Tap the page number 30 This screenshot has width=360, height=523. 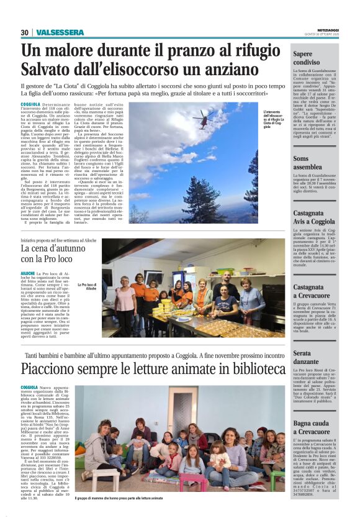point(25,32)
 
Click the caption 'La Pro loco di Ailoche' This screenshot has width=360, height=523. point(88,287)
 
